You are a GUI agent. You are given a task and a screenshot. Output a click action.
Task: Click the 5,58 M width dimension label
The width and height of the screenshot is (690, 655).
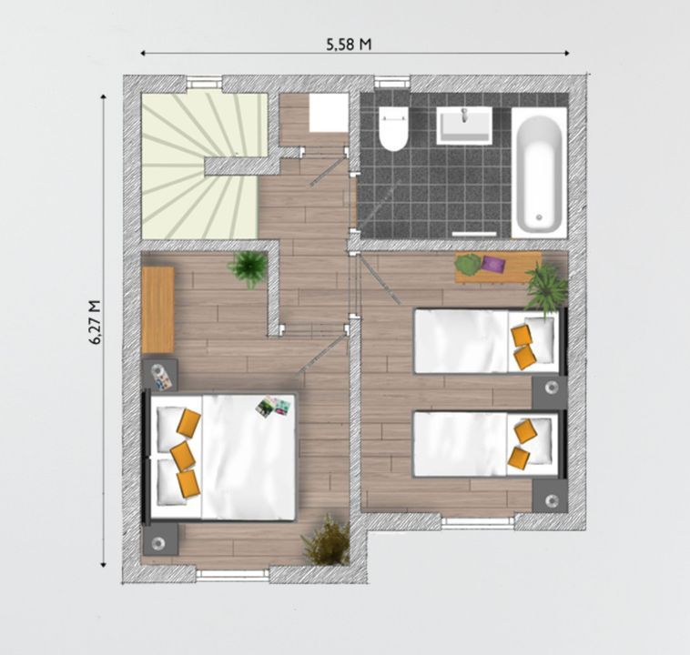tap(350, 42)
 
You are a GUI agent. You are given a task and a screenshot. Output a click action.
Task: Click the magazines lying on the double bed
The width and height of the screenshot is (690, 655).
tap(271, 407)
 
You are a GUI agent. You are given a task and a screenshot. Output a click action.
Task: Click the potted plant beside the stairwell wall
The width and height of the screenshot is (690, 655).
tap(248, 267)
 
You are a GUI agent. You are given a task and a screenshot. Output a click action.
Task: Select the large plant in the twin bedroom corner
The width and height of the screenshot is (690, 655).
tap(547, 287)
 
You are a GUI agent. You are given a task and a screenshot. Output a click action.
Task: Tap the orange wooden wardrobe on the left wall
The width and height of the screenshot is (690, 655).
tap(157, 309)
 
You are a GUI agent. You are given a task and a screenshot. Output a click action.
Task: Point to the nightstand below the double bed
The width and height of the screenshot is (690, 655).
tap(160, 540)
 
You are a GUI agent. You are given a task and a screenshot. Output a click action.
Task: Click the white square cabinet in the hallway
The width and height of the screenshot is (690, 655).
tap(329, 113)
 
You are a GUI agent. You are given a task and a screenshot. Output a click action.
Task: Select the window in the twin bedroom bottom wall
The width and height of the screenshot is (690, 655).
tap(477, 521)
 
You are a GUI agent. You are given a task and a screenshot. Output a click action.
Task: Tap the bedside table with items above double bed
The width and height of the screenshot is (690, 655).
tap(161, 375)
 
